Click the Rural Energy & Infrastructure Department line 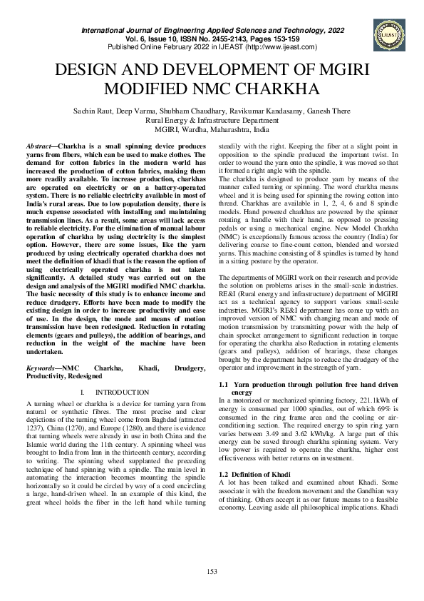[x=212, y=121]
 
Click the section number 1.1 [x=223, y=385]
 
